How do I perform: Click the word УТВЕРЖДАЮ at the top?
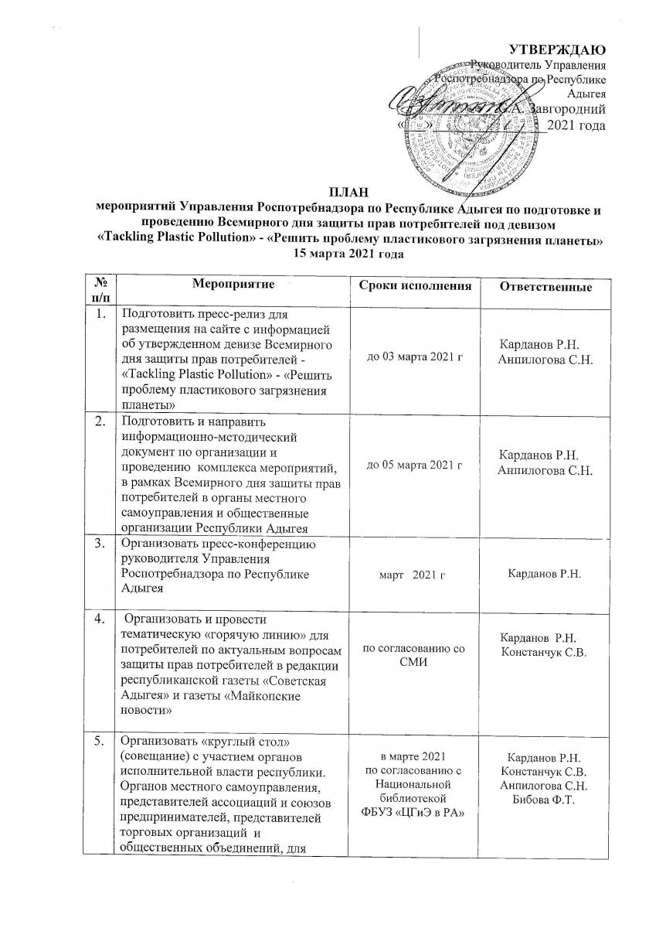point(567,50)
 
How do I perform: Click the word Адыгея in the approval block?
point(586,94)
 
